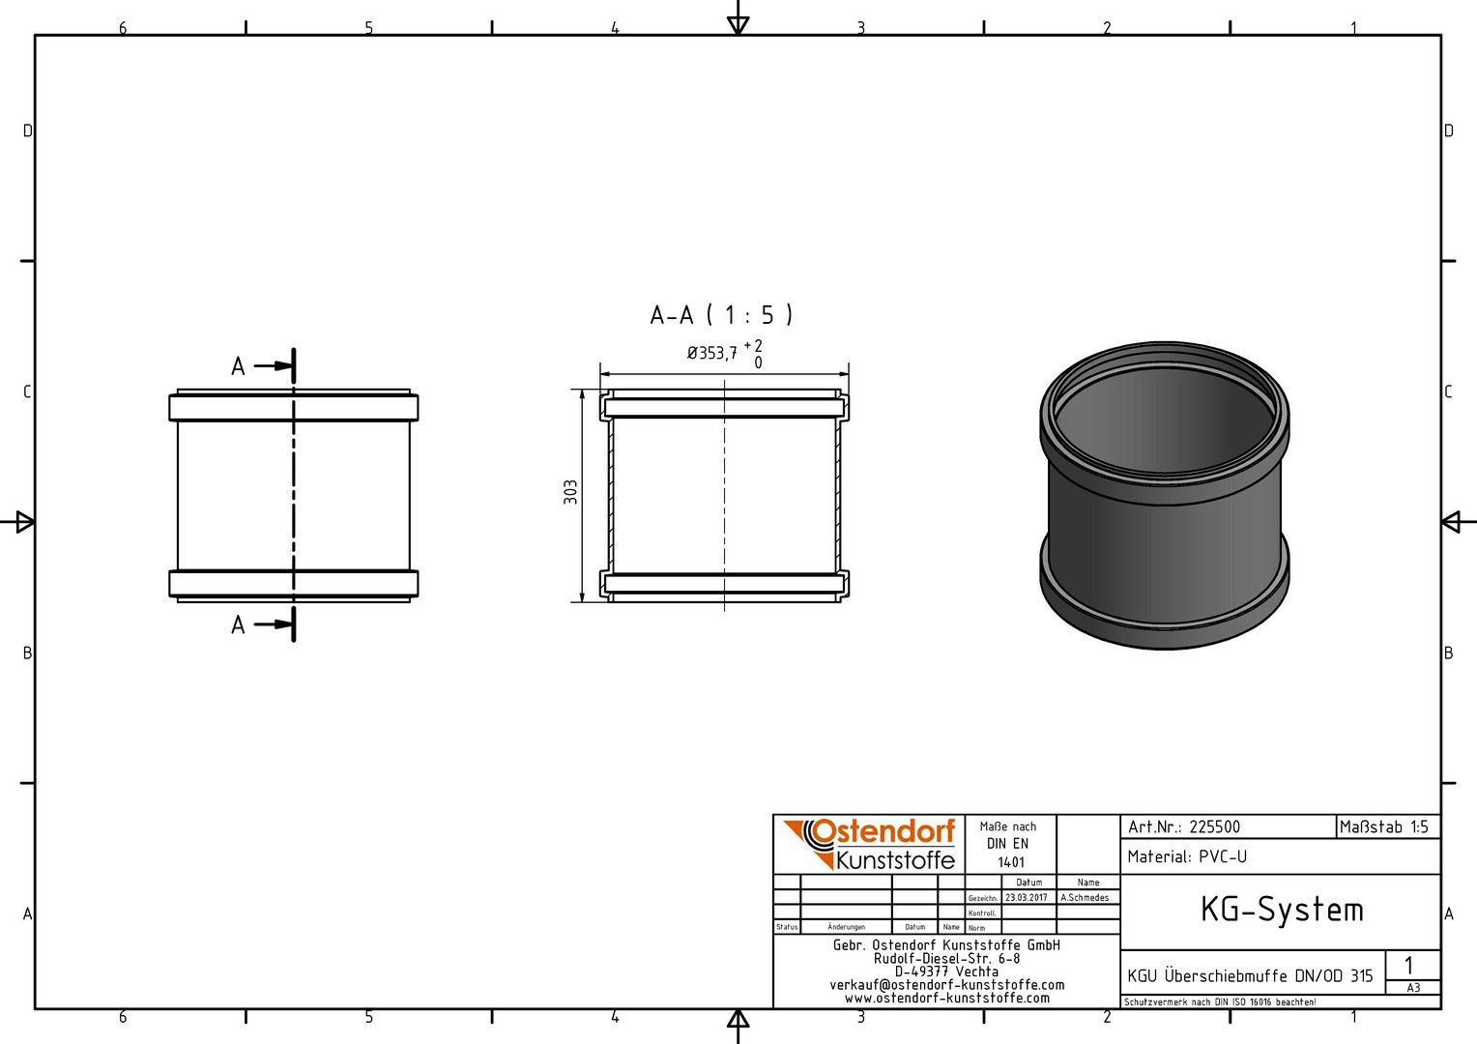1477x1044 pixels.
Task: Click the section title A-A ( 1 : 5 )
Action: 721,315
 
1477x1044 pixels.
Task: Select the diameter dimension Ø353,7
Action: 712,354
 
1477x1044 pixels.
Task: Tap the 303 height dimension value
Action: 570,492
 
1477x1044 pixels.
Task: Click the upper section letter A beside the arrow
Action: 238,366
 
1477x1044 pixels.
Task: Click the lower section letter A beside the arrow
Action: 238,624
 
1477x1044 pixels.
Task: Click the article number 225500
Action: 1215,827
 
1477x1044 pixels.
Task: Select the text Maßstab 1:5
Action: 1384,827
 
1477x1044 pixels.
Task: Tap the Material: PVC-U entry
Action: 1187,856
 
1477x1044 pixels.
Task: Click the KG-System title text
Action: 1282,910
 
